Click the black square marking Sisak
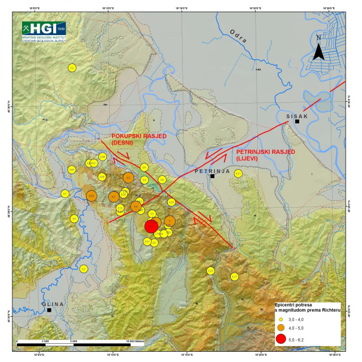tap(297, 122)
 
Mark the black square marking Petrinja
tap(212, 176)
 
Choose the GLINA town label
tap(53, 304)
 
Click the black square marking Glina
tap(49, 310)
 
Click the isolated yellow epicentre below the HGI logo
tap(72, 68)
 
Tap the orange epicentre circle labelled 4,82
tap(90, 196)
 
